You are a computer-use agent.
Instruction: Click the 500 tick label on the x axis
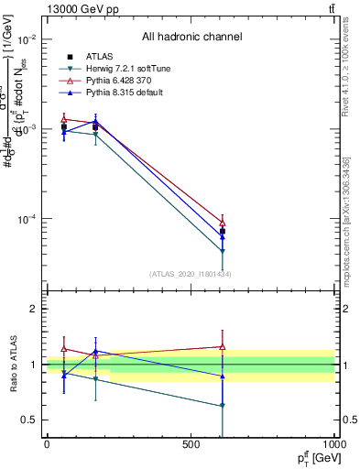click(191, 444)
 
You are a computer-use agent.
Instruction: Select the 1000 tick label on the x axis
click(332, 444)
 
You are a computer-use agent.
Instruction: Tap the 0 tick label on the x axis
click(47, 444)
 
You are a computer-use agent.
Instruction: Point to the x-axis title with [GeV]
click(313, 457)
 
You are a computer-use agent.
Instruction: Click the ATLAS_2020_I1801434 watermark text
click(191, 274)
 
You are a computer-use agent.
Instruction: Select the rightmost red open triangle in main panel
click(223, 223)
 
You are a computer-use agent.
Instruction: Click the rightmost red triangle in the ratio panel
click(223, 346)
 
